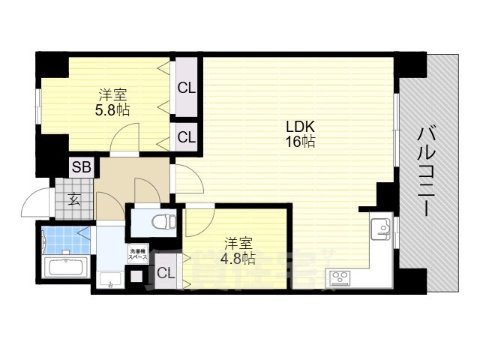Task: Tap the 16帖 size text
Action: point(298,141)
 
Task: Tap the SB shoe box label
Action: point(81,166)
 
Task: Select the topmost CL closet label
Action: point(186,88)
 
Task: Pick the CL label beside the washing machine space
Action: point(166,273)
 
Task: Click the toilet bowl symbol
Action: point(162,222)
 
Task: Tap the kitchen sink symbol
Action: point(380,226)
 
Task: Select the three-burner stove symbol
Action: point(340,278)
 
